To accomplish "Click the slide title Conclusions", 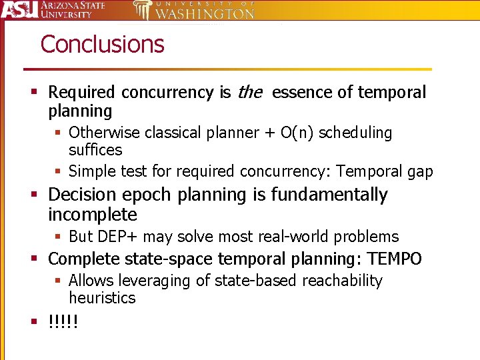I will [102, 44].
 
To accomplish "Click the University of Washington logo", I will [193, 10].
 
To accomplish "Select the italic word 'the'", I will [250, 92].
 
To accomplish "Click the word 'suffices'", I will [95, 150].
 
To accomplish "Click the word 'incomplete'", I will [93, 215].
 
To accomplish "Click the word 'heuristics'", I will [102, 298].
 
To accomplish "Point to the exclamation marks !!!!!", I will [63, 323].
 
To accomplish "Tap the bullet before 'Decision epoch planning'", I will [33, 195].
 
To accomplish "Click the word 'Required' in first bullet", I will [81, 92].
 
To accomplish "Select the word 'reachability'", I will [343, 281].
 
